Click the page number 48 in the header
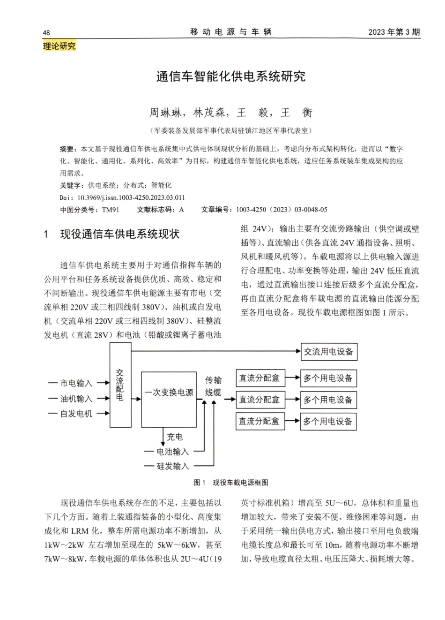coord(46,32)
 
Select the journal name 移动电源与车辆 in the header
coord(231,32)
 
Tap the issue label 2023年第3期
coord(394,32)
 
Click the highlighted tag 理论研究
coord(59,46)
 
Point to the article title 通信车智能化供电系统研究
coord(231,76)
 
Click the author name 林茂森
coord(209,113)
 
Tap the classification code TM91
coord(111,210)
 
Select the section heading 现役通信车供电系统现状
coord(119,234)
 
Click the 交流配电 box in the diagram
coord(120,385)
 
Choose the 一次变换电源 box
coord(169,393)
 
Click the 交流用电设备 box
coord(329,352)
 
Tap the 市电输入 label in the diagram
coord(76,383)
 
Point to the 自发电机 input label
coord(76,414)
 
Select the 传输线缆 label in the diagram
coord(213,386)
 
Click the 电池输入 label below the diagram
coord(172,451)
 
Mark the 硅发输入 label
coord(172,466)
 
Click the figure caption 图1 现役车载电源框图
coord(231,483)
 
